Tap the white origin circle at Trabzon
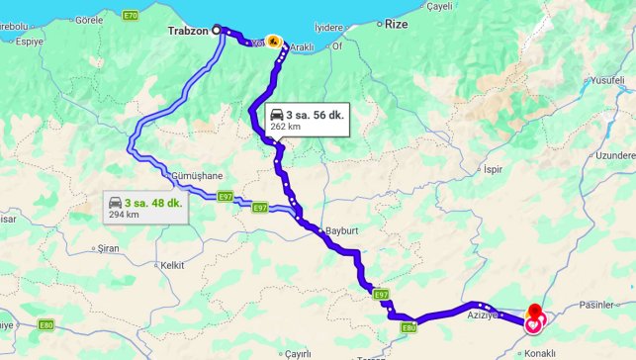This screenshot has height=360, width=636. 217,29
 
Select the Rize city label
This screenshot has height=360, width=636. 396,22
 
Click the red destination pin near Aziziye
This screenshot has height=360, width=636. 535,313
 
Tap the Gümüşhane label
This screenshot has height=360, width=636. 197,175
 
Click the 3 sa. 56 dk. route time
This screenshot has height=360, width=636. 315,115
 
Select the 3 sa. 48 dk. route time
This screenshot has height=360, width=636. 153,203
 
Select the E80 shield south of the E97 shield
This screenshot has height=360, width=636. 407,327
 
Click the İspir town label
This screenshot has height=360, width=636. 493,169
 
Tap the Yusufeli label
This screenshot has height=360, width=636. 605,80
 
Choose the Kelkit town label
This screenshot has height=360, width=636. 174,265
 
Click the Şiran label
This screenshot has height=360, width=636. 109,250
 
